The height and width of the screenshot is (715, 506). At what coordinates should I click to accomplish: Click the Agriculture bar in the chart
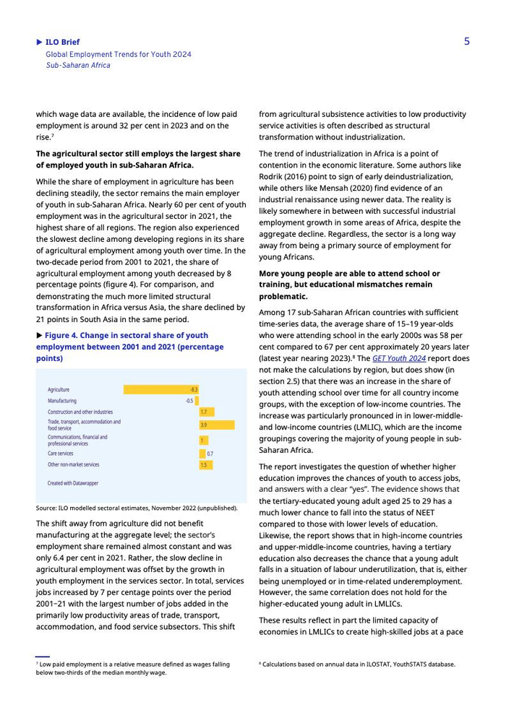160,389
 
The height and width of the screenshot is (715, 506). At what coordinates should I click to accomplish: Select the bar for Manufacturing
197,400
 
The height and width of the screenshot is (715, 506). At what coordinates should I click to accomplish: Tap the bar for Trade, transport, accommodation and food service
216,425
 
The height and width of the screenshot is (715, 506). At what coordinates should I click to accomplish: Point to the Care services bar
202,454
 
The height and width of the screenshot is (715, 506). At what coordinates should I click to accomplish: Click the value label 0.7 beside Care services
210,454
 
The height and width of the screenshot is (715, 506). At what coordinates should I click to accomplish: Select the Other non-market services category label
74,465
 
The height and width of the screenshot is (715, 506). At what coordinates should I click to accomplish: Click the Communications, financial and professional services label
77,440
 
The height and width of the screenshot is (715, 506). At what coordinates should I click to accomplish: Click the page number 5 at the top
467,41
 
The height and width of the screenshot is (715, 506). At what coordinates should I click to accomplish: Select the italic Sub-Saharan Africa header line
78,65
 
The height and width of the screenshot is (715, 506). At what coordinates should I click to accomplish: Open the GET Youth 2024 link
399,358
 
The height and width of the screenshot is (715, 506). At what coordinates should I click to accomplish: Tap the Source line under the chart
137,508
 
